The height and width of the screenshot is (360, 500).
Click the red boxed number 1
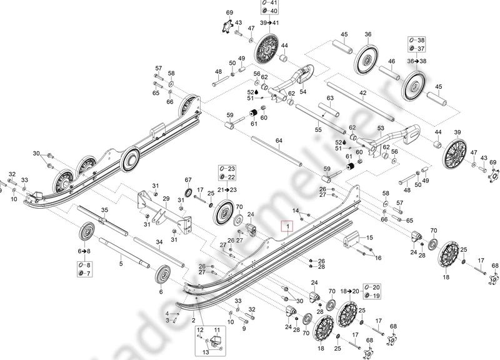tap(287, 225)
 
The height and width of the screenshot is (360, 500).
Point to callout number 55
tap(318, 129)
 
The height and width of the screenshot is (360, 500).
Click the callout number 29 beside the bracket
tap(166, 199)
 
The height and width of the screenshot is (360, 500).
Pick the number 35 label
tap(105, 210)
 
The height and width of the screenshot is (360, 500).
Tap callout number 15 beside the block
tap(369, 237)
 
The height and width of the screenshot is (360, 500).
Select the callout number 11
tap(217, 329)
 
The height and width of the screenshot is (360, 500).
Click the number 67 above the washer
tap(187, 180)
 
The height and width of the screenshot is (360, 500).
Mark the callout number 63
tap(329, 98)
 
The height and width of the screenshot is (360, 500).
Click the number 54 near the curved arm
tap(303, 91)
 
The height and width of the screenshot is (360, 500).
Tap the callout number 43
tap(238, 23)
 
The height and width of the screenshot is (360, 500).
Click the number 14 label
tap(296, 210)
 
